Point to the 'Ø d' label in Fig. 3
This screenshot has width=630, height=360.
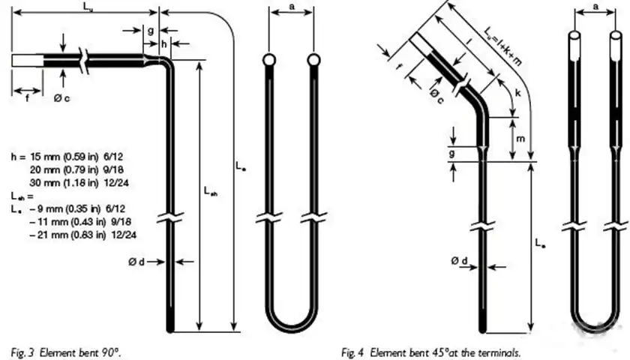coord(137,262)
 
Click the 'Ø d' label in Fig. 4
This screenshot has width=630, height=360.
coord(460,260)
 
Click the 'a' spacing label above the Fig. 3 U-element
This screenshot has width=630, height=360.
coord(291,7)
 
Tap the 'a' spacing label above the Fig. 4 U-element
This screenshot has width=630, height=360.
coord(595,7)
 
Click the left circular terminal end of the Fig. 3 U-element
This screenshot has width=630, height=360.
coord(269,59)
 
